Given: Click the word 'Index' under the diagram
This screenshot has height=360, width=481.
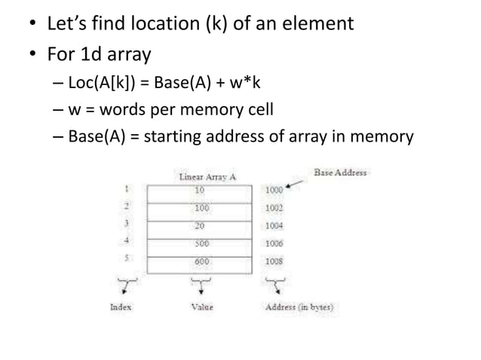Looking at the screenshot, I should (121, 307).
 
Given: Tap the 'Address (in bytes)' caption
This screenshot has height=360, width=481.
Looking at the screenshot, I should (300, 307).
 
